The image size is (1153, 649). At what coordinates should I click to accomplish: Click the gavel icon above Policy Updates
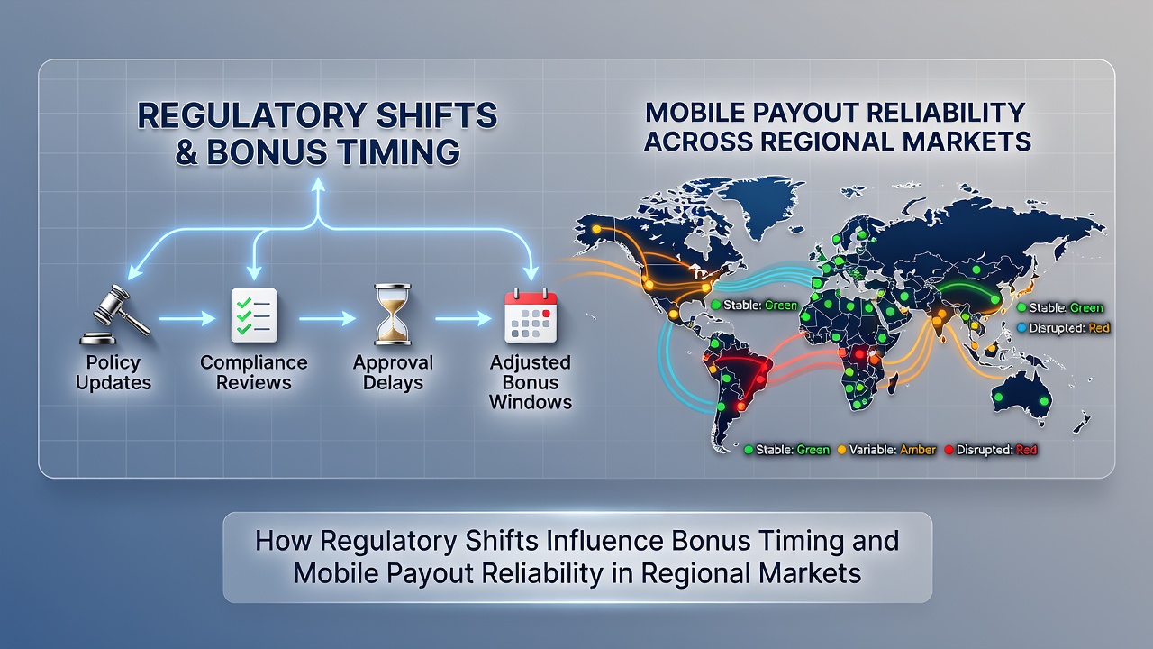114,315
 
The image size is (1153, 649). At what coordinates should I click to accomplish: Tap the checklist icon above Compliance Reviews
254,315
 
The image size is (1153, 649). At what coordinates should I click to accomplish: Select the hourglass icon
393,315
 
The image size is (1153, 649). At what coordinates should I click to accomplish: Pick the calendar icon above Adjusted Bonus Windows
531,316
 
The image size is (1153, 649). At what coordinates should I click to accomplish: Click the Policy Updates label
113,372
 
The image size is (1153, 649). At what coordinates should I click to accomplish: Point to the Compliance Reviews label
254,372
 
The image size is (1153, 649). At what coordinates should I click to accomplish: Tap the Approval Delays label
393,372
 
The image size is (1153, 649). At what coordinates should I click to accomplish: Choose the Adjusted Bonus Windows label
531,382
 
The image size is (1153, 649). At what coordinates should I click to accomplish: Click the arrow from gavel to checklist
187,319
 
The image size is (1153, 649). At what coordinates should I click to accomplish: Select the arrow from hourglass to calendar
463,319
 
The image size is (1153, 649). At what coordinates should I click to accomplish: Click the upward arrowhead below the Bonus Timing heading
319,185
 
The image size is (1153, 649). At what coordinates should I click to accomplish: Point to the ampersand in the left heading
186,152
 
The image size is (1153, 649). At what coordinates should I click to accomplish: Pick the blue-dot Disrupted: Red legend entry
1064,328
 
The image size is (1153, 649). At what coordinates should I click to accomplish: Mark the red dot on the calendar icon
547,313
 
